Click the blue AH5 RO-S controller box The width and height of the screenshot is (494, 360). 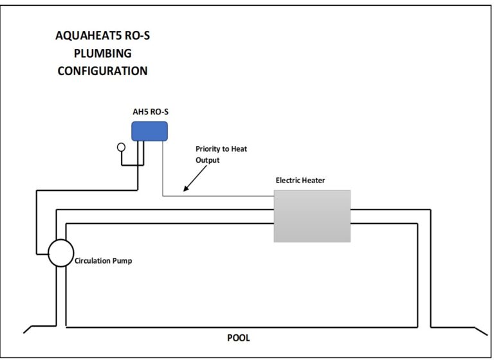pyautogui.click(x=149, y=131)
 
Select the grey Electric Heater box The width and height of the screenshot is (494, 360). pyautogui.click(x=312, y=216)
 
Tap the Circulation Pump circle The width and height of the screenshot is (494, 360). pyautogui.click(x=61, y=253)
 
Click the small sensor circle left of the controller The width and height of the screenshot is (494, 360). pyautogui.click(x=121, y=147)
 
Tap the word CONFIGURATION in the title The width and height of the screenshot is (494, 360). pyautogui.click(x=102, y=71)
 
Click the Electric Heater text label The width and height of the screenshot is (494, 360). pyautogui.click(x=300, y=181)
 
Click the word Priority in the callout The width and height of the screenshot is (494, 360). pyautogui.click(x=209, y=149)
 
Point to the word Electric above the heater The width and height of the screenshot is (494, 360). pyautogui.click(x=288, y=181)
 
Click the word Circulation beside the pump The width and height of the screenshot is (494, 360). pyautogui.click(x=96, y=262)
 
